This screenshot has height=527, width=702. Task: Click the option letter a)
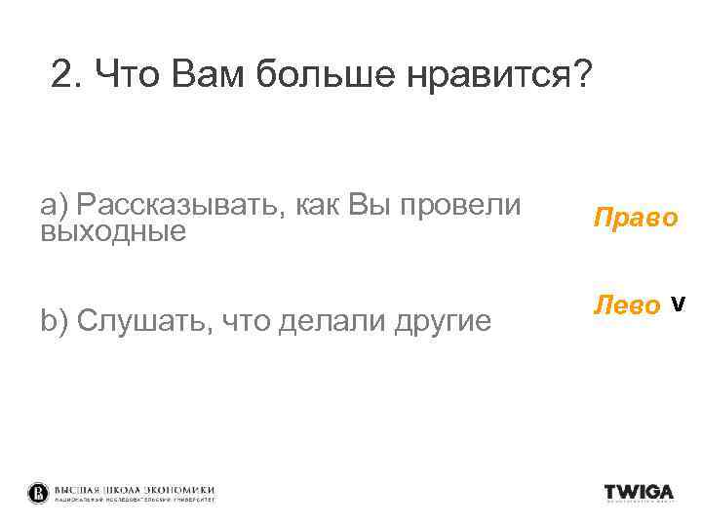click(54, 205)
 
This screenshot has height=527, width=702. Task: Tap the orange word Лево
click(626, 306)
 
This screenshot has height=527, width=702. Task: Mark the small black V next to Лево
click(680, 304)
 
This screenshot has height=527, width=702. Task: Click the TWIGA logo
click(639, 493)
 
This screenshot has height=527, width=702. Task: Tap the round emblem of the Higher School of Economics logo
click(37, 493)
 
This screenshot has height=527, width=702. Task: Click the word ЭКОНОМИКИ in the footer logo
click(179, 489)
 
